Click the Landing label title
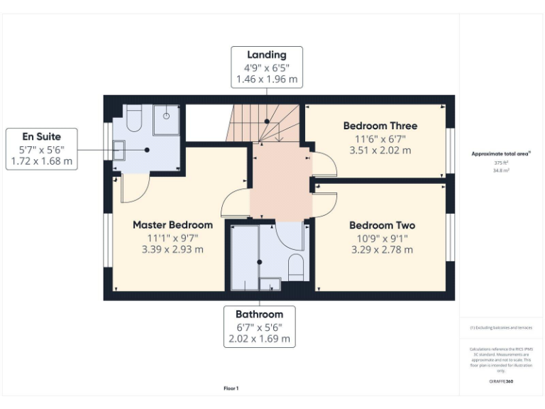pos(267,55)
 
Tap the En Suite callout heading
pos(41,136)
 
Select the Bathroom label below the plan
pos(260,314)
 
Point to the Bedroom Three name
pos(380,126)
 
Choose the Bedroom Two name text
pos(382,225)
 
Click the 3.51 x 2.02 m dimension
pos(380,151)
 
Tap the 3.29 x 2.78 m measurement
pos(382,250)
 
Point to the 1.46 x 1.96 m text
pos(267,80)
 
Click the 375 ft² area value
pos(502,163)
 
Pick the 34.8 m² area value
pos(502,170)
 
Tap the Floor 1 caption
pos(231,388)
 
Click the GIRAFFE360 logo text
pos(501,381)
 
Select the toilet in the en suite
pos(135,119)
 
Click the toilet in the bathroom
pos(296,268)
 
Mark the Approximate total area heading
pos(501,153)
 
